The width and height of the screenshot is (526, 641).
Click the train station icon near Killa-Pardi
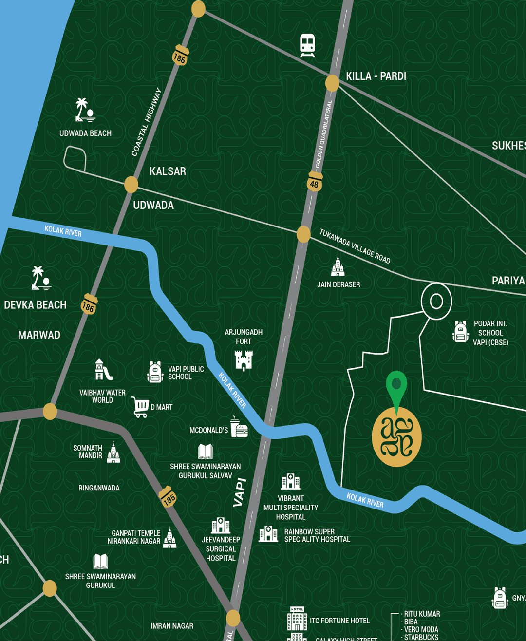(x=307, y=45)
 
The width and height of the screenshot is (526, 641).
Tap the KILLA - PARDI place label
(x=376, y=76)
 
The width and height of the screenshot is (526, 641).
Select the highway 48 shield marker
(x=315, y=182)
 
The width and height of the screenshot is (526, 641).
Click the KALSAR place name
(x=168, y=171)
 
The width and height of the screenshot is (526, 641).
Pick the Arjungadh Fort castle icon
(x=244, y=361)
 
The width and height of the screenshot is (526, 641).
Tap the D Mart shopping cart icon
(x=140, y=407)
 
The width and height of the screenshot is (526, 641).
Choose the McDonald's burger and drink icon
(x=239, y=428)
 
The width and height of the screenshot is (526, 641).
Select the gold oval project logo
(x=396, y=437)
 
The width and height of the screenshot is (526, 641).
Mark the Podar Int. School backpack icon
(x=460, y=332)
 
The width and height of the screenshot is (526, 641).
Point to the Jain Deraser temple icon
(x=338, y=266)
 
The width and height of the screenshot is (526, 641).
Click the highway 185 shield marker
(x=168, y=497)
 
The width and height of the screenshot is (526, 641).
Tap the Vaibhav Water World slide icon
(x=103, y=371)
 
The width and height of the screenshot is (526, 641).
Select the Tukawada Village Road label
(x=355, y=246)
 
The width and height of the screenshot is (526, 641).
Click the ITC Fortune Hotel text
(x=339, y=621)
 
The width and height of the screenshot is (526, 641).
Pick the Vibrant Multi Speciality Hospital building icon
(x=290, y=482)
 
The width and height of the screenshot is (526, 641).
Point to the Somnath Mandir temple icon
(x=113, y=453)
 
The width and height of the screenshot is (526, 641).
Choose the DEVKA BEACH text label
(x=35, y=305)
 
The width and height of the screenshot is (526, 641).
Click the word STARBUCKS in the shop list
(x=421, y=637)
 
